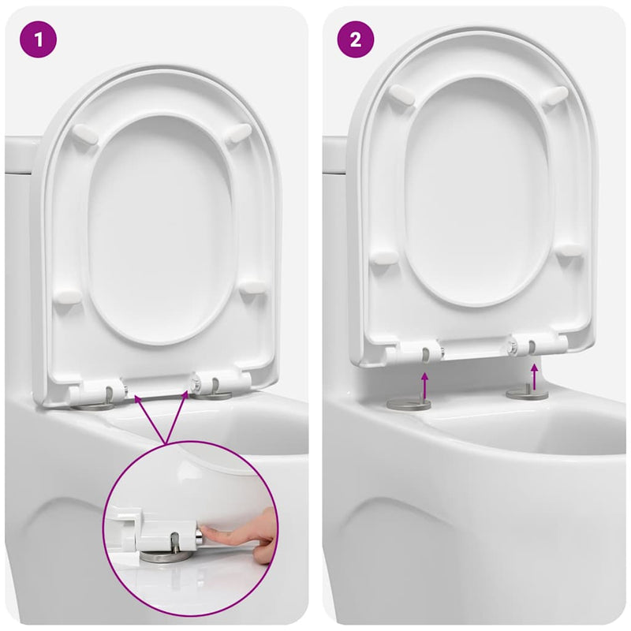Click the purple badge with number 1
point(39,39)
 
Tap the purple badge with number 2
point(356,39)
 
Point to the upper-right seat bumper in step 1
point(237,133)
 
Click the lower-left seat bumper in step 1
point(68,297)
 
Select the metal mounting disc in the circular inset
point(166,555)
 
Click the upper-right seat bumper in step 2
point(555,95)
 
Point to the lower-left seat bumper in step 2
point(385,257)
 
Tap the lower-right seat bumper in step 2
point(569,251)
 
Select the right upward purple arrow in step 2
point(536,376)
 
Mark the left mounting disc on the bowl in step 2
point(409,405)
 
